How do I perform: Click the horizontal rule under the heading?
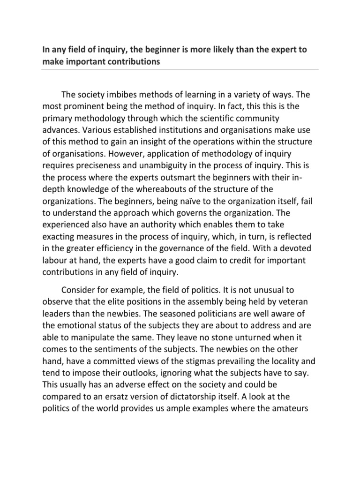(x=180, y=70)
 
